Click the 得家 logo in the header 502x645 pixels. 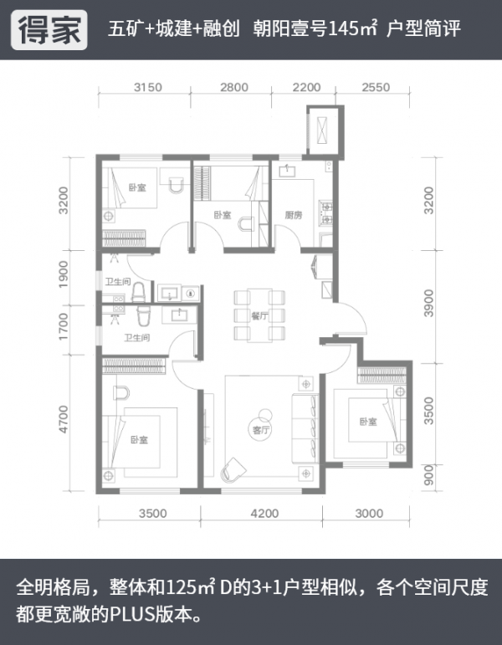49,30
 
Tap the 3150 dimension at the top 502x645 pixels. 148,87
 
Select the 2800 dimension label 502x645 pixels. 234,87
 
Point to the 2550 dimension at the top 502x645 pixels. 376,87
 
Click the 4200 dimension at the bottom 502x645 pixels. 264,514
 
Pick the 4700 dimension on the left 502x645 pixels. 64,419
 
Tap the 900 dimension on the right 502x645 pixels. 428,475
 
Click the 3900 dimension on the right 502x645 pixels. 428,303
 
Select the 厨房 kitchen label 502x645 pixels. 294,215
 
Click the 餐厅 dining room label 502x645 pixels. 260,316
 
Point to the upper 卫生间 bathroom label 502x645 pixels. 118,282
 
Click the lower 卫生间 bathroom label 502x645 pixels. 137,338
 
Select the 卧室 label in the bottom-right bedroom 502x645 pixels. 368,422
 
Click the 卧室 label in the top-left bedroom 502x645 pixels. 137,187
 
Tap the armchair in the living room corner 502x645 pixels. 233,469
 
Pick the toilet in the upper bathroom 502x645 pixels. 139,292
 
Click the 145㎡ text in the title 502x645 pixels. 352,28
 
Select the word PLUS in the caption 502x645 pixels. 132,615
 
